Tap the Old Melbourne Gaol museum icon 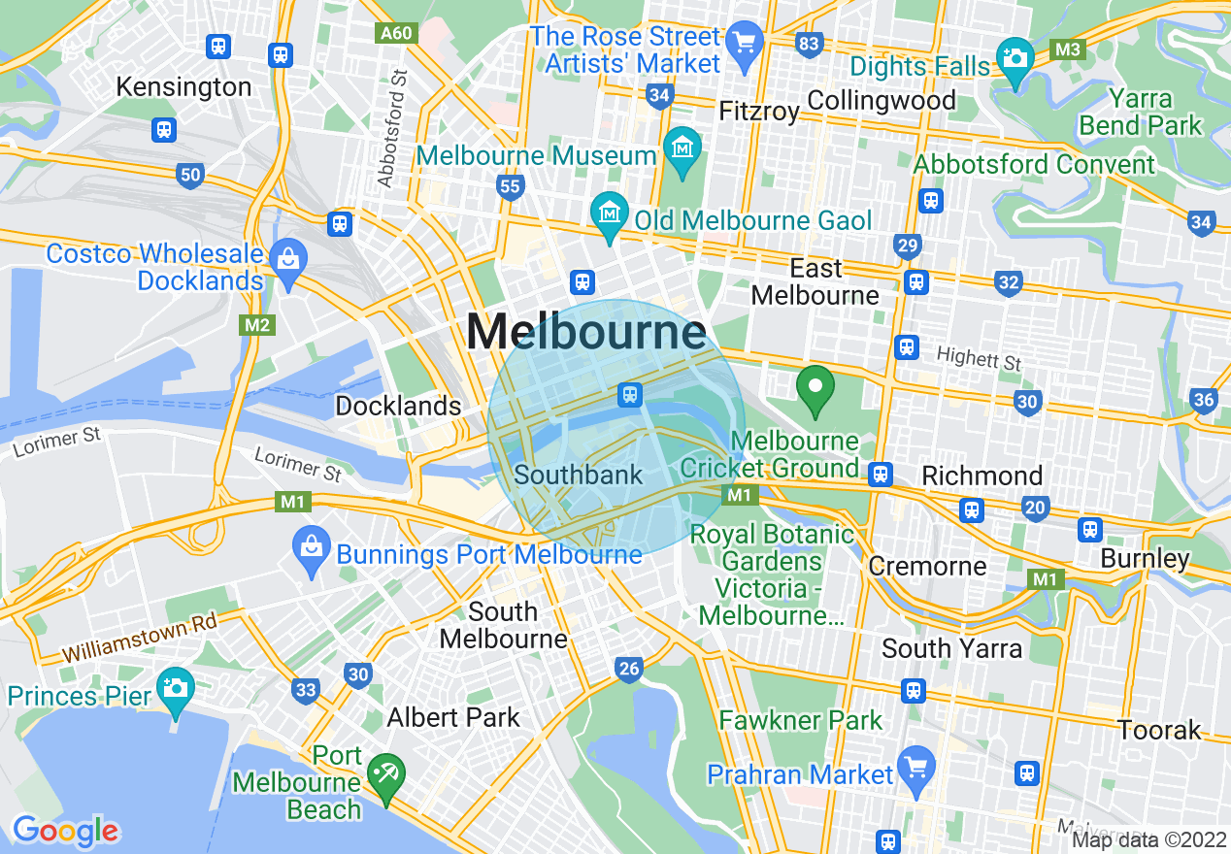click(609, 209)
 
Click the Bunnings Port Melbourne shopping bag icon click(312, 545)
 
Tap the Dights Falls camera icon click(1015, 56)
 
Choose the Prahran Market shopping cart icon click(915, 764)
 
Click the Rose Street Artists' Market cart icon click(746, 42)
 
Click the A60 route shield click(396, 33)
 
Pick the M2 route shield click(256, 324)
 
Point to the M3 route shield click(1068, 49)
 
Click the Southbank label click(579, 475)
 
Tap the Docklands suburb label click(398, 406)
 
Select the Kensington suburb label click(183, 86)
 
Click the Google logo click(65, 831)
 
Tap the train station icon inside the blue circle click(630, 394)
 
